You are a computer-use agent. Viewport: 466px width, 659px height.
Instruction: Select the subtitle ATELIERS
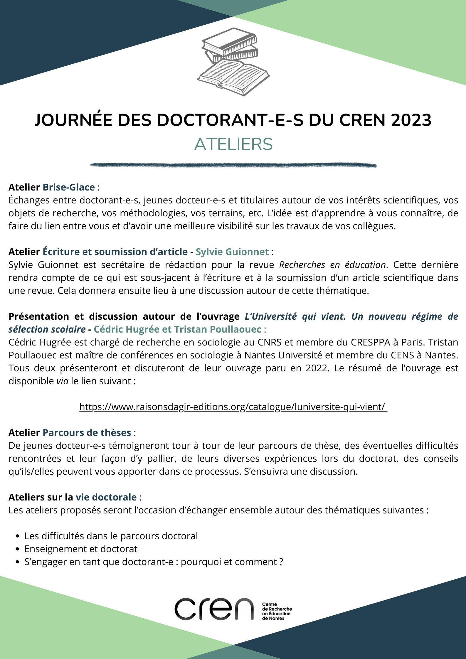coord(233,144)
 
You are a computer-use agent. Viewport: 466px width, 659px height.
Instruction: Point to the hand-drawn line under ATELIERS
coord(233,165)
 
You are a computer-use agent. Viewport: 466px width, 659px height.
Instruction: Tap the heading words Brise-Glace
coord(69,187)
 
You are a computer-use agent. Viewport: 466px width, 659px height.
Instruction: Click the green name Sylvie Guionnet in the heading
coord(232,252)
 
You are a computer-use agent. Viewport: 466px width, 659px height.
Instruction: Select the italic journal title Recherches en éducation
coord(332,265)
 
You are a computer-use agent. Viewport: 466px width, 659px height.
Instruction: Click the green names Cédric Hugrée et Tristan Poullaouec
coord(177,329)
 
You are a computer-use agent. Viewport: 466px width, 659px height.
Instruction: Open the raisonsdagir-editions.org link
coord(233,407)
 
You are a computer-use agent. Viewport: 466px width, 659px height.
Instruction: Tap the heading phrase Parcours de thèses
coord(87,433)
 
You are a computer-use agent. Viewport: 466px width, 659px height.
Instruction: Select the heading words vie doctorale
coord(106,497)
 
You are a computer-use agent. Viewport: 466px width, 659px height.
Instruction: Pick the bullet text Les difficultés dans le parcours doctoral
coord(111,536)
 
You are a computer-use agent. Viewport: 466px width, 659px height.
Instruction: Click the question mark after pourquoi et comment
coord(281,562)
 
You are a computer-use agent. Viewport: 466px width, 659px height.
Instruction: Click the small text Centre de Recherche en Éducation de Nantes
coord(277,611)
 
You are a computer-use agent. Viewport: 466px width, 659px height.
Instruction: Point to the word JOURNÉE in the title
coord(73,120)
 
